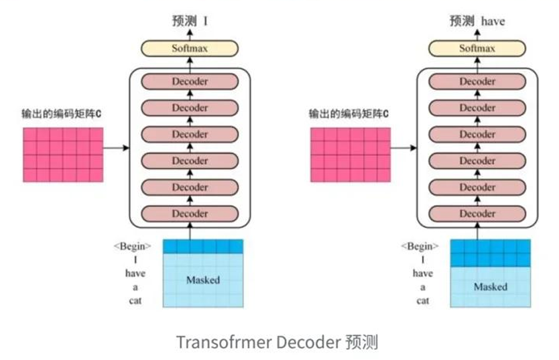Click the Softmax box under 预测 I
point(190,48)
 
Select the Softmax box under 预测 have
point(478,48)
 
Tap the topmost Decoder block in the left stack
point(190,82)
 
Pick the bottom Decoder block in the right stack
point(478,214)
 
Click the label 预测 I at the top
point(190,21)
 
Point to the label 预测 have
point(477,21)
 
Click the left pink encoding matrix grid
point(64,155)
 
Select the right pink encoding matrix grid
point(350,155)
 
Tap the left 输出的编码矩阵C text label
point(62,113)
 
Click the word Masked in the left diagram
point(202,280)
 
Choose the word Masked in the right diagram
point(491,287)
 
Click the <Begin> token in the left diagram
point(132,246)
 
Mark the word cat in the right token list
point(423,300)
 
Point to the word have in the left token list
point(135,274)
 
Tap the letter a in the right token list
point(423,287)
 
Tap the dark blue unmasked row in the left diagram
point(202,246)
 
